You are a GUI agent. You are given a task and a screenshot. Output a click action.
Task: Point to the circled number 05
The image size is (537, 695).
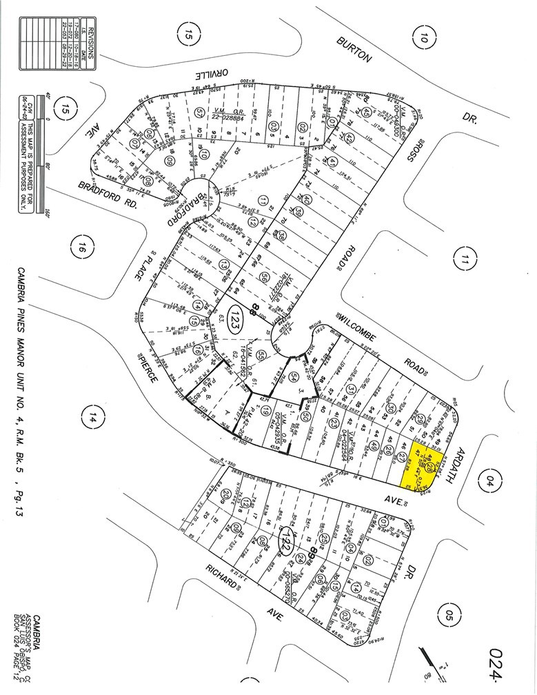tap(451, 612)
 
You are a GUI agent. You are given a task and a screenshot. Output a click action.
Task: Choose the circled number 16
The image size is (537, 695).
tap(82, 246)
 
